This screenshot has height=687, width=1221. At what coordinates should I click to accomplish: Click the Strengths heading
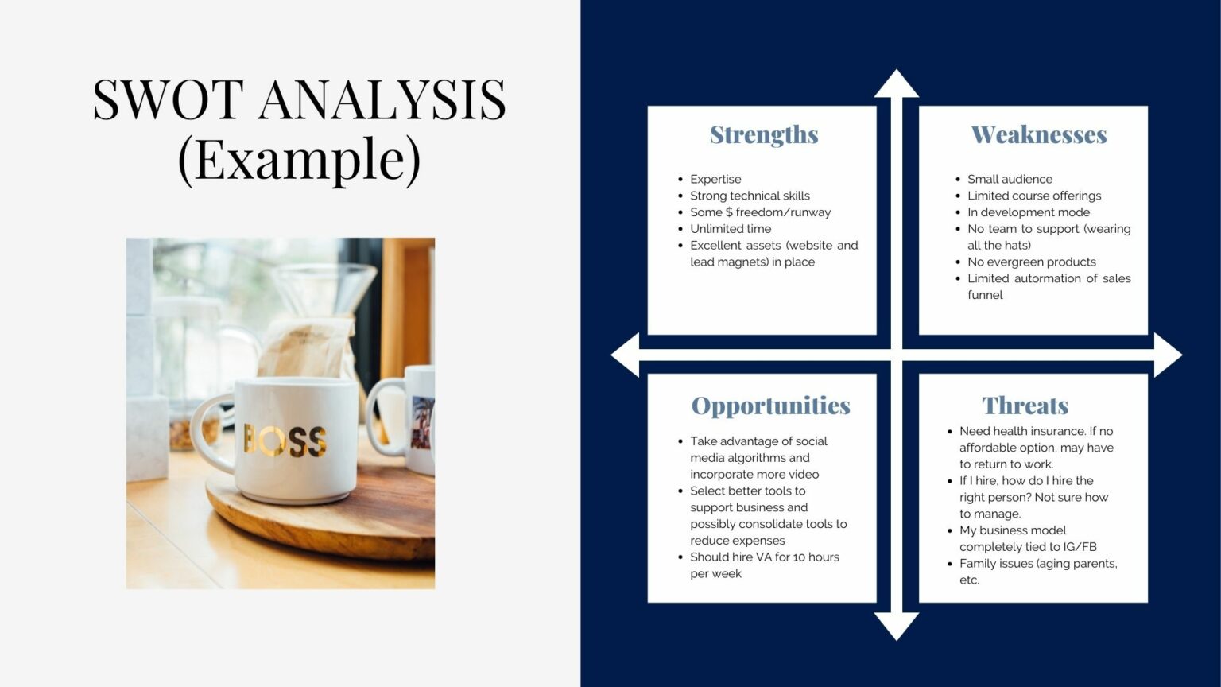coord(763,135)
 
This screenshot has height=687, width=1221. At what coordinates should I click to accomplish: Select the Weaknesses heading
coord(1038,135)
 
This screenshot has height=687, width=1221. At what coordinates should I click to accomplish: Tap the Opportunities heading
coord(770,406)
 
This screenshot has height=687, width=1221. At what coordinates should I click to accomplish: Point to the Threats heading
coord(1025,406)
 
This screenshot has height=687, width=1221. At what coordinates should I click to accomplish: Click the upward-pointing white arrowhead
coord(896,84)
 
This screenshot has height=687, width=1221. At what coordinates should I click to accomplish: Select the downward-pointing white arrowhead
coord(896,626)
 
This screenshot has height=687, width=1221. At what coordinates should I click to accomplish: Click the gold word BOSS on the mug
coord(285,440)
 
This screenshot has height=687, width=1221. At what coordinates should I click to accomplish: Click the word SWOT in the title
coord(168,100)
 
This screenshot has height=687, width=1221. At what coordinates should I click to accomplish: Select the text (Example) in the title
coord(299,159)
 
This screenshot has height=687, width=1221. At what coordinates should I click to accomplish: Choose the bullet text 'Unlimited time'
coord(730,229)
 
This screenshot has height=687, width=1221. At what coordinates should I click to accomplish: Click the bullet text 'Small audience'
coord(1010,180)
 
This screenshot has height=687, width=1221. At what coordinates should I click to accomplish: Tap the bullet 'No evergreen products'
coord(1031,262)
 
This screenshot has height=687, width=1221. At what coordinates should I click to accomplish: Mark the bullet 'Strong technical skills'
coord(750,196)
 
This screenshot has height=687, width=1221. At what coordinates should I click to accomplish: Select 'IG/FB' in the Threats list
coord(1080,547)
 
